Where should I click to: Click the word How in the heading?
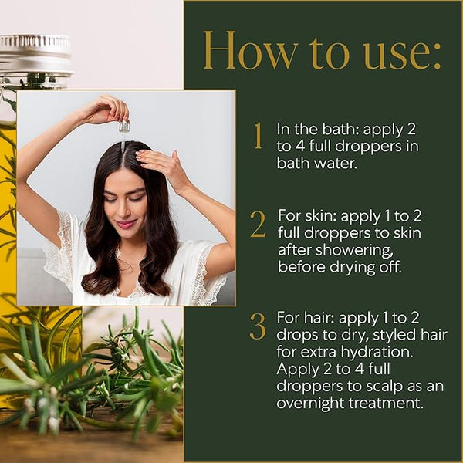(x=249, y=50)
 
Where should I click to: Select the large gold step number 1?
(x=259, y=136)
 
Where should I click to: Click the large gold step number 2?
(x=258, y=224)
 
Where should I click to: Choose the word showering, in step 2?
(x=356, y=251)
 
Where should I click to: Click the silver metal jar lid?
(x=35, y=55)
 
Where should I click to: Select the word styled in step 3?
(x=402, y=336)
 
